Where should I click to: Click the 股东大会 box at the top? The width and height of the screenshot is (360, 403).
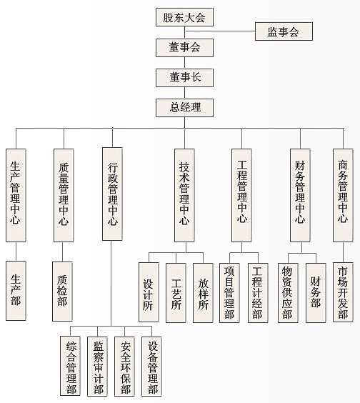(184, 17)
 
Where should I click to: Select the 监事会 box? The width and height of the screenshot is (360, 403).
(284, 31)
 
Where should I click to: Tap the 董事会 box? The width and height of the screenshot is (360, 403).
(184, 48)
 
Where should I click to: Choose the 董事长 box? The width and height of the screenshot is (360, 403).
(184, 78)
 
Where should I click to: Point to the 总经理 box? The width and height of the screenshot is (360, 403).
(184, 108)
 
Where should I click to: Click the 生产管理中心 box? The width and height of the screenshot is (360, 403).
(16, 195)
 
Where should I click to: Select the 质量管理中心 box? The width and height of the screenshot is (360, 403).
(64, 195)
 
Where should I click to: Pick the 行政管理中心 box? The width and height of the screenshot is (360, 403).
(112, 194)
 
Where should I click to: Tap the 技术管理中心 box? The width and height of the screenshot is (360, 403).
(184, 195)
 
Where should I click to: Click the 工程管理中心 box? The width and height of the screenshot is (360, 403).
(241, 195)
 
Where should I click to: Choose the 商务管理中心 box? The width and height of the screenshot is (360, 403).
(343, 195)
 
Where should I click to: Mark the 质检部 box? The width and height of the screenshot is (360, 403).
(62, 292)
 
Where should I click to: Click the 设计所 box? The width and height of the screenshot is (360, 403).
(149, 292)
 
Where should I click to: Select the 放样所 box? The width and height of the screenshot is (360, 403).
(203, 293)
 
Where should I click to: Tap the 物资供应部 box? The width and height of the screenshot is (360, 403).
(288, 293)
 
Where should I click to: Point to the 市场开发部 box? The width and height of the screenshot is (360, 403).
(343, 292)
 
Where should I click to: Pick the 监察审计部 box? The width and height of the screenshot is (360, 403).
(97, 367)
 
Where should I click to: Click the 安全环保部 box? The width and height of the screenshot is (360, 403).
(124, 367)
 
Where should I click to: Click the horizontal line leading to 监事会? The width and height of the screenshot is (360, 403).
(220, 31)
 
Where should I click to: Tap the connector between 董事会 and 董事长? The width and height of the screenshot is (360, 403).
(184, 63)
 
